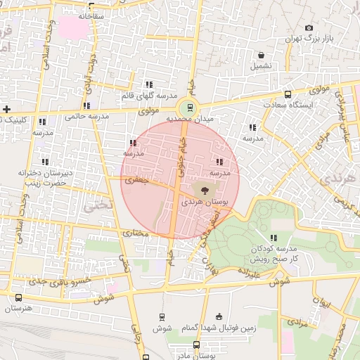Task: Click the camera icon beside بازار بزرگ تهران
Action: coord(309,28)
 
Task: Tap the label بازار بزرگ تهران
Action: coord(308,39)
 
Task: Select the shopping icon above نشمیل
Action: coord(262,55)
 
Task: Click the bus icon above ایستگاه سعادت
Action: coord(288,94)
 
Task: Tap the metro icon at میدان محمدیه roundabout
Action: coord(188,108)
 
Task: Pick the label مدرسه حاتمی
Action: coord(87,117)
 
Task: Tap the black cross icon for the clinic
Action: coord(6,109)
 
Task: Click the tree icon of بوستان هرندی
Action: coord(204,190)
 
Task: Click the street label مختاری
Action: coord(137,233)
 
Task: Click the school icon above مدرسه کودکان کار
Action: coord(273,238)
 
